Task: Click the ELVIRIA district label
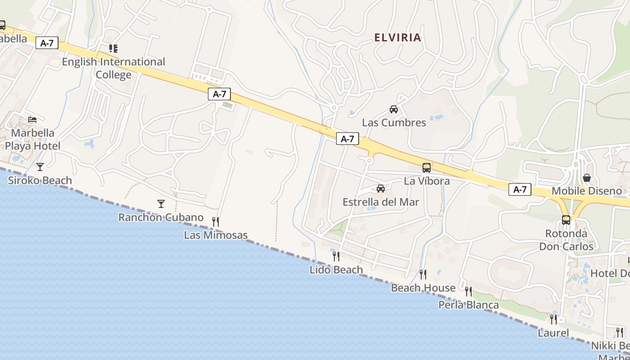coord(398,37)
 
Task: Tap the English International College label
coord(113,68)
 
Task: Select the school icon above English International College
coord(113,48)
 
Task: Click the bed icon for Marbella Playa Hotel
coord(32,119)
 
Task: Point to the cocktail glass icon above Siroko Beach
coord(40,167)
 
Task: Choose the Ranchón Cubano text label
coord(161,217)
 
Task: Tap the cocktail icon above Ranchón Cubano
coord(161,204)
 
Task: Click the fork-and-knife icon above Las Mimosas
coord(216,221)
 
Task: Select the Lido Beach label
coord(336,270)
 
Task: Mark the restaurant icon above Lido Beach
coord(336,256)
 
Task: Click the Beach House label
coord(423,288)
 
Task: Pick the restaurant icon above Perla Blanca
coord(468,292)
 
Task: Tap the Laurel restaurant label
coord(553,333)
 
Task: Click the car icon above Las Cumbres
coord(394,109)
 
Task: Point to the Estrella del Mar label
coord(381,202)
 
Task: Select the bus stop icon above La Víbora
coord(427,168)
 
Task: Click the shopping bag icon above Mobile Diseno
coord(587,178)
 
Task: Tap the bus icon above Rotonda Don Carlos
coord(566,220)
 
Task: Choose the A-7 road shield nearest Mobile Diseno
coord(520,189)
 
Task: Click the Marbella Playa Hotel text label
coord(32,139)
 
